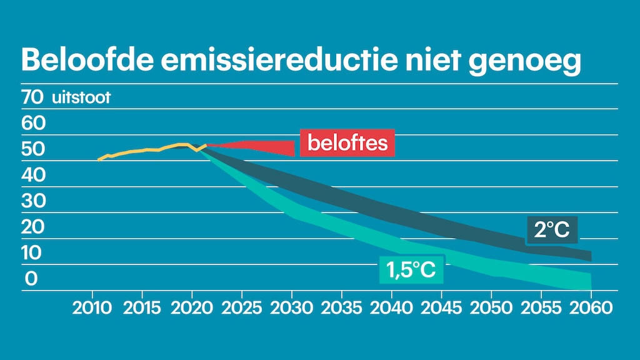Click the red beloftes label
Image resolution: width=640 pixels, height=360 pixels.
[x=347, y=143]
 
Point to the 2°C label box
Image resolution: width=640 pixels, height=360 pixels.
[x=552, y=230]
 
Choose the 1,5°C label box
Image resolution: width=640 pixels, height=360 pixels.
[x=411, y=270]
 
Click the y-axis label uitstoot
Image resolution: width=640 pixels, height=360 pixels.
[x=81, y=98]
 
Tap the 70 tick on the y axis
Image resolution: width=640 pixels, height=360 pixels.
[x=32, y=97]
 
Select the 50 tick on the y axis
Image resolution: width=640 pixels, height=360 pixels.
[x=32, y=149]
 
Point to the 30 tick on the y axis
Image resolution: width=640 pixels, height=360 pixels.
[x=32, y=201]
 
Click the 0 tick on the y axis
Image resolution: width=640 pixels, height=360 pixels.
[x=32, y=279]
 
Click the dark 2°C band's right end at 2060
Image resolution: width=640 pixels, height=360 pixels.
[x=587, y=256]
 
